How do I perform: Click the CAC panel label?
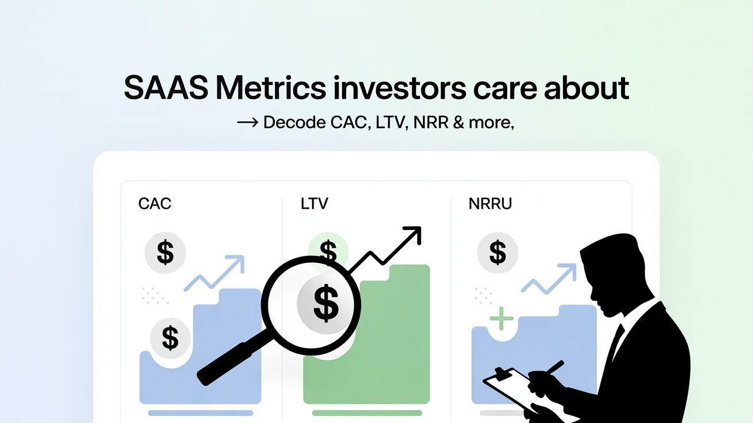pyautogui.click(x=155, y=203)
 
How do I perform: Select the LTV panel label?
pyautogui.click(x=314, y=203)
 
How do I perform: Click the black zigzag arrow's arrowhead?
pyautogui.click(x=413, y=235)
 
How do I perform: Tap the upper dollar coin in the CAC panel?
pyautogui.click(x=165, y=252)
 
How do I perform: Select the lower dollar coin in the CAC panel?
pyautogui.click(x=170, y=337)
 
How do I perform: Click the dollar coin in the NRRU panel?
pyautogui.click(x=498, y=252)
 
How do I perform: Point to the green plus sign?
pyautogui.click(x=500, y=318)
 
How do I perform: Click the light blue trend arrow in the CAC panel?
pyautogui.click(x=215, y=273)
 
